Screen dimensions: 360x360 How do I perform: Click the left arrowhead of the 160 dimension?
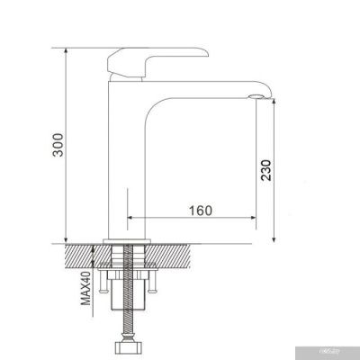pyautogui.click(x=133, y=219)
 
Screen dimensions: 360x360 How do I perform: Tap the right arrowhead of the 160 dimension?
pyautogui.click(x=268, y=219)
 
